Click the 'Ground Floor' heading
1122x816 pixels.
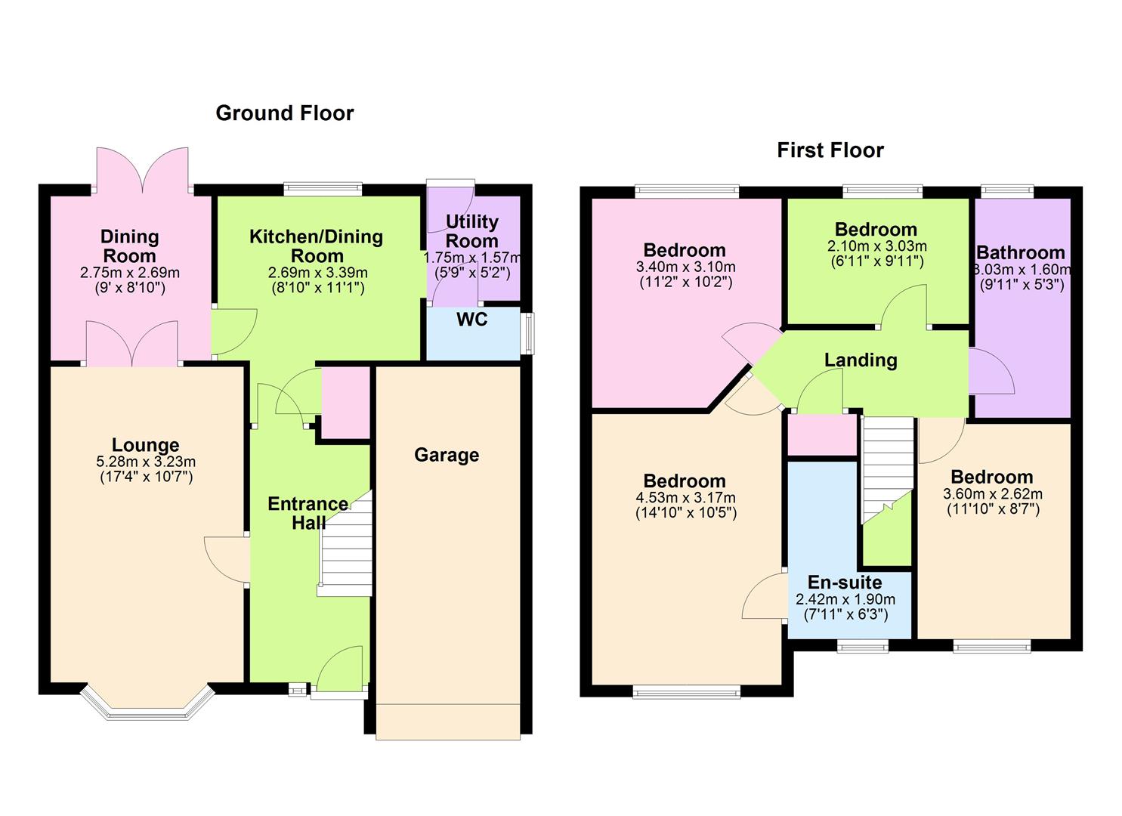point(285,113)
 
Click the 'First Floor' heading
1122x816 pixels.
point(830,150)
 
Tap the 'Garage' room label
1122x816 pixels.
point(446,455)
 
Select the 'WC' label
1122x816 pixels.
point(471,320)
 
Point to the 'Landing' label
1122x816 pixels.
point(861,360)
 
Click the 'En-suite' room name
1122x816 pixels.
point(845,583)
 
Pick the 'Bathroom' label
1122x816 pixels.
point(1021,252)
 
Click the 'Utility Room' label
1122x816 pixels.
point(471,231)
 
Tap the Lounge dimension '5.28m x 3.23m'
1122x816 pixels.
point(146,462)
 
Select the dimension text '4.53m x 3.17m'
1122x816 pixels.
point(685,498)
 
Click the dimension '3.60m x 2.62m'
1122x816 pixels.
point(992,494)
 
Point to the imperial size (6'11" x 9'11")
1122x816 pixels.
point(876,262)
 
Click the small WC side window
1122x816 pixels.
point(528,333)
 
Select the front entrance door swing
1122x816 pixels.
point(340,669)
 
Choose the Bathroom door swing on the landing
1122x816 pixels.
point(991,371)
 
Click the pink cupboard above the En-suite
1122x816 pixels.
point(822,435)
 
